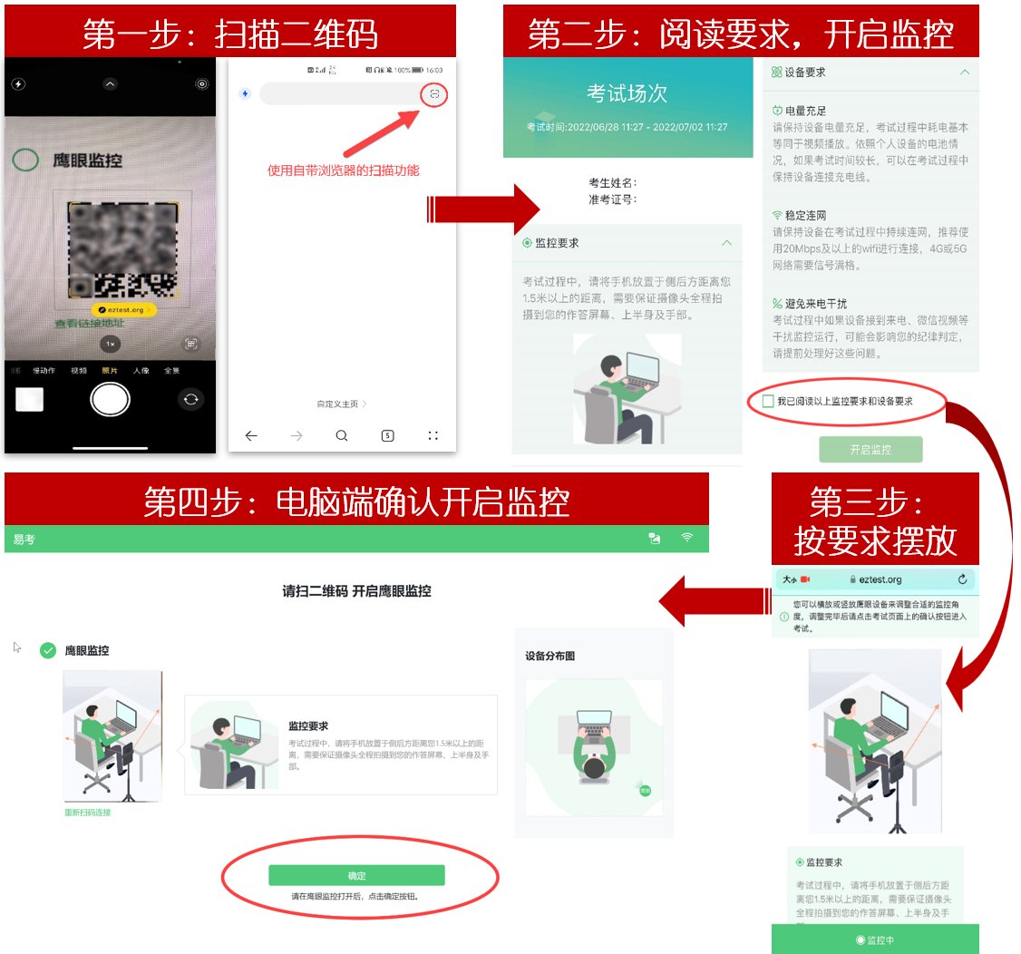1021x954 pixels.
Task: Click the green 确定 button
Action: pos(356,875)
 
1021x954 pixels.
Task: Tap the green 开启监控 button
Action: pos(870,450)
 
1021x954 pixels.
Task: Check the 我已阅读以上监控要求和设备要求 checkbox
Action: pos(768,401)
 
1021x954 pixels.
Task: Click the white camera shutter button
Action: pos(111,398)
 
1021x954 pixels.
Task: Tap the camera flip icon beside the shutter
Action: pos(190,398)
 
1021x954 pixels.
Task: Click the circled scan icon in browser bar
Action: pos(434,94)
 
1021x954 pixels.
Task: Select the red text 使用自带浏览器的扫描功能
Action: pos(343,170)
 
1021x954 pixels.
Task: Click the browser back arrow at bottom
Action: pos(251,436)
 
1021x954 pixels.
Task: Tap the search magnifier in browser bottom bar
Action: pos(342,436)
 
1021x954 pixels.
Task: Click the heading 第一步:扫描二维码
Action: pos(229,34)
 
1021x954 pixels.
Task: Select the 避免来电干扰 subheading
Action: pos(815,303)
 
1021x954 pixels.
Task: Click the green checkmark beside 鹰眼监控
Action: pos(48,650)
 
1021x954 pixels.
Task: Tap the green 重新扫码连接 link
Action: pos(87,813)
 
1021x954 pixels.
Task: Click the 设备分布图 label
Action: pos(549,656)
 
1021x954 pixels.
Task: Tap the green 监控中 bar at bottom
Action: pos(875,940)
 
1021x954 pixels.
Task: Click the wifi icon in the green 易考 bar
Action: pos(687,538)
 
